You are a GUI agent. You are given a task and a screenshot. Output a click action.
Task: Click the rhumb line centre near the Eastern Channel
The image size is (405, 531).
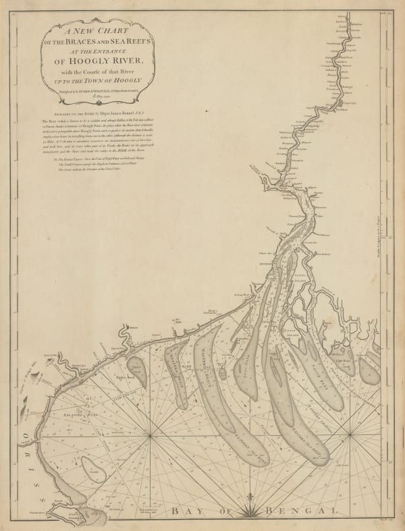350,436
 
